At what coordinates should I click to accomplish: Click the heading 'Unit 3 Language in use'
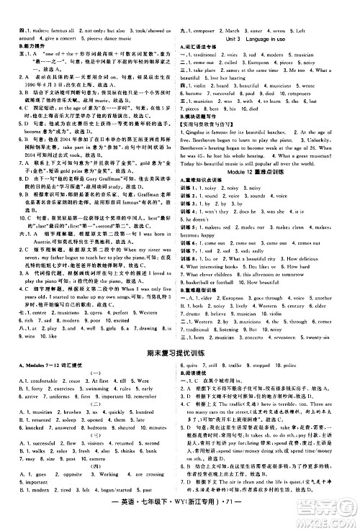[x=266, y=40]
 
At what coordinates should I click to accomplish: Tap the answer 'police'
[x=316, y=349]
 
